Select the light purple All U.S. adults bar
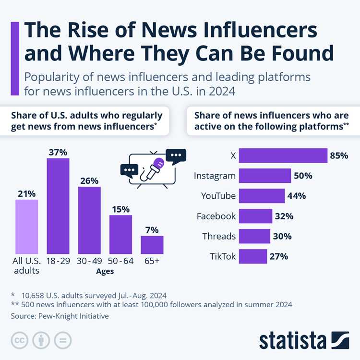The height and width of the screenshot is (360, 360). click(26, 226)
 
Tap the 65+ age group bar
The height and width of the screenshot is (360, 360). click(152, 244)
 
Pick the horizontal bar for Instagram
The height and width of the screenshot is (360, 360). click(264, 176)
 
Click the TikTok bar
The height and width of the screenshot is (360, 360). click(252, 256)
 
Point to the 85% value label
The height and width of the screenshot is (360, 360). click(338, 156)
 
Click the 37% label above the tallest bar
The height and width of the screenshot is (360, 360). click(58, 152)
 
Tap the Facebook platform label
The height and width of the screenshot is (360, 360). click(216, 216)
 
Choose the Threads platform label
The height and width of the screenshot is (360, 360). click(219, 236)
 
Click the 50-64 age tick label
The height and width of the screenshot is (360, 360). click(120, 262)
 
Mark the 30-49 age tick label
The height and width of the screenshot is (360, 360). click(89, 262)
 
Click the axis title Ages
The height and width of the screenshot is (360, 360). click(105, 271)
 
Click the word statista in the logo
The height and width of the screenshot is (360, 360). click(293, 340)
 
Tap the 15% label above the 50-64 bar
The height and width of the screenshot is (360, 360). click(120, 209)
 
